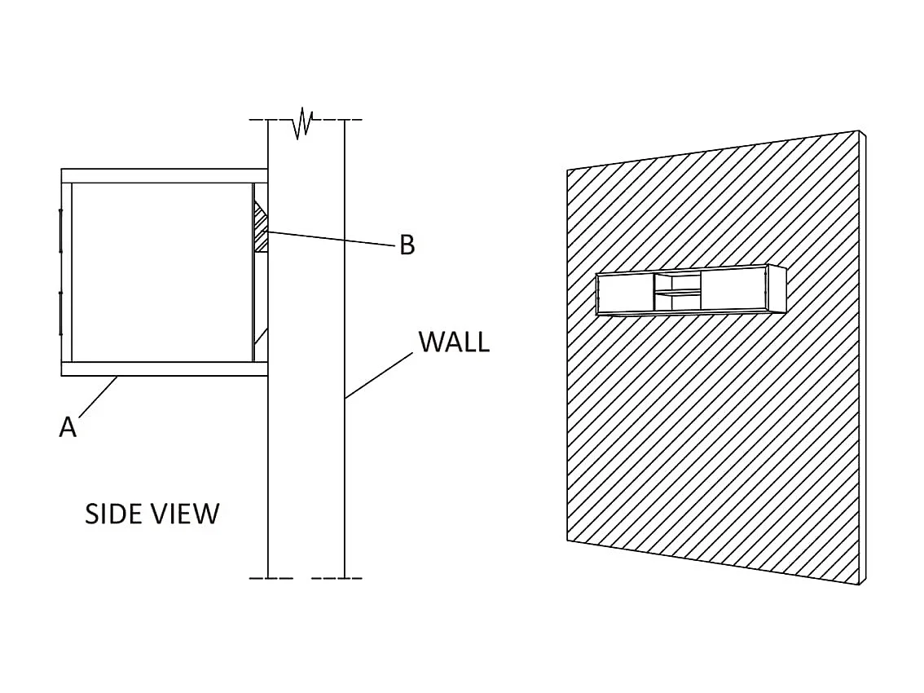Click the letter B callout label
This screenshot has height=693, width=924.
click(x=407, y=245)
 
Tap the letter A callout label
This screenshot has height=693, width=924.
click(x=68, y=426)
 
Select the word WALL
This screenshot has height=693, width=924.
click(x=454, y=342)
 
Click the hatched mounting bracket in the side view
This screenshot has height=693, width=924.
click(x=262, y=228)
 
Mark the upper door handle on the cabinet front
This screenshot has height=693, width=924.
click(x=60, y=231)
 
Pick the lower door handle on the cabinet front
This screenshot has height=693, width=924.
click(x=60, y=313)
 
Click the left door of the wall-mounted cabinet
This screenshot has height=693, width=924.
click(x=626, y=294)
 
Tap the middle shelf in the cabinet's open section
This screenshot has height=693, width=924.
click(x=679, y=291)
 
